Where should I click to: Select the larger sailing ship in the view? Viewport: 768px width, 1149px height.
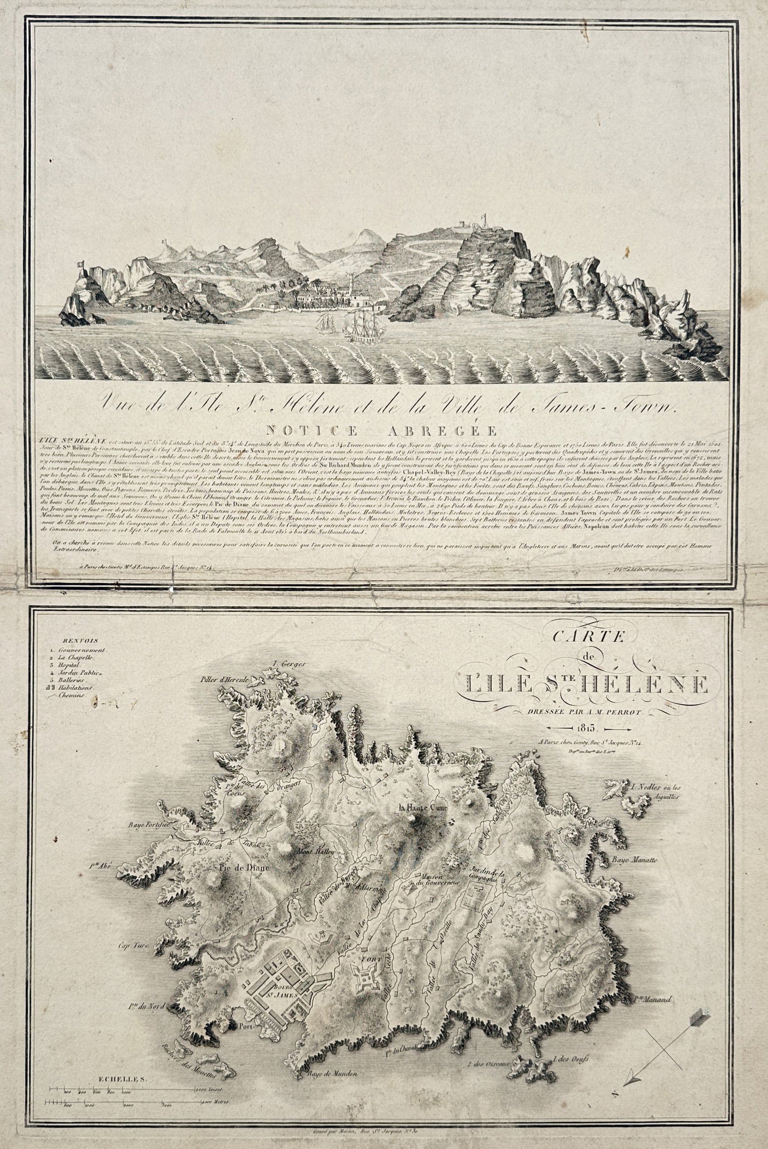click(x=362, y=327)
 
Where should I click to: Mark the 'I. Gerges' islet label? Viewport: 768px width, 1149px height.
click(x=289, y=665)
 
